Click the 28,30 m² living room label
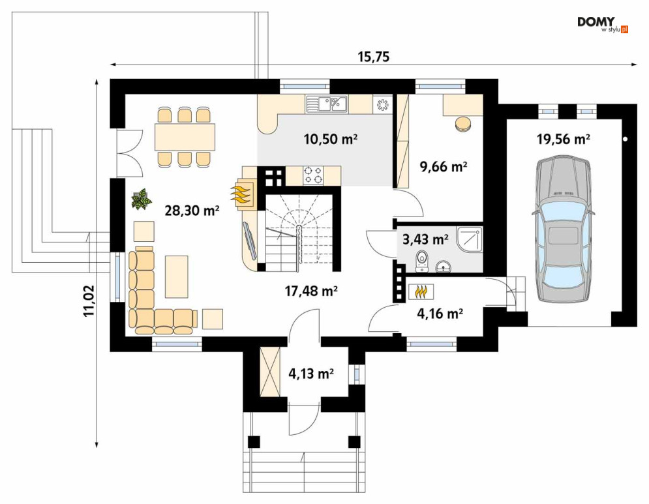192,211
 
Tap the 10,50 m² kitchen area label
331,139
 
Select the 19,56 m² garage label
564,139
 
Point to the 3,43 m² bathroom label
425,239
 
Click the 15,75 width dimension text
374,57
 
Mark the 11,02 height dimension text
89,301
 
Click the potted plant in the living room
141,200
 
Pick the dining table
185,137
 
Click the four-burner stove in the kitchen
312,175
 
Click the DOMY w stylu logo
603,24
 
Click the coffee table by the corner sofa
177,276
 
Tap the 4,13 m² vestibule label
311,374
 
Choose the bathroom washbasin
444,267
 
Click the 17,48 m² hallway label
311,291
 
